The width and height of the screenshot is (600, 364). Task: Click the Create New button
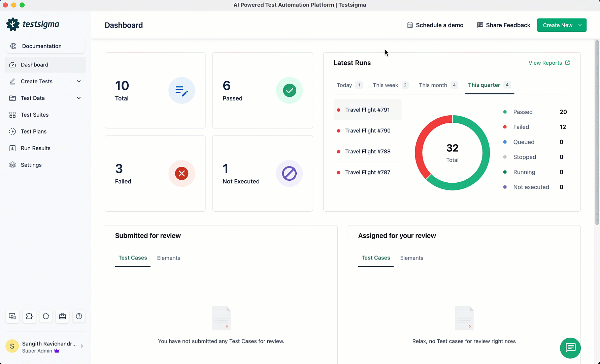click(x=558, y=25)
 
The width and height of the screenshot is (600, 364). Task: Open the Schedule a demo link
click(x=435, y=25)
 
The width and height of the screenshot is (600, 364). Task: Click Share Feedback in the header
click(x=504, y=25)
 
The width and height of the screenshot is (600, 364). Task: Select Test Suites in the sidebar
click(x=35, y=115)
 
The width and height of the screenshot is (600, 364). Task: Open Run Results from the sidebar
click(x=35, y=148)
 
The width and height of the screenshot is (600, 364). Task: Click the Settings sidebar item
click(x=31, y=165)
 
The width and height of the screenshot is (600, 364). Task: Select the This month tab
click(x=433, y=85)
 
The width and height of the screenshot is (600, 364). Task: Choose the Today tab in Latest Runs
click(x=344, y=85)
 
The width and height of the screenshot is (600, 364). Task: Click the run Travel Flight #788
click(x=368, y=152)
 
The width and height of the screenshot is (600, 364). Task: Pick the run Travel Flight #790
click(x=368, y=131)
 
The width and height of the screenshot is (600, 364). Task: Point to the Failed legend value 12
click(x=563, y=127)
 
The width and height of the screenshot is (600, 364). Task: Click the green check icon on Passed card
click(x=289, y=90)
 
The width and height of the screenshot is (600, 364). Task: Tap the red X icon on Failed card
click(x=181, y=174)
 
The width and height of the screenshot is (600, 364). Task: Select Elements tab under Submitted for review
click(x=168, y=258)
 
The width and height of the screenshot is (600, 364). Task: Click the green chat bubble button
click(x=570, y=348)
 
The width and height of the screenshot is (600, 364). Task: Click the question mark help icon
click(x=79, y=316)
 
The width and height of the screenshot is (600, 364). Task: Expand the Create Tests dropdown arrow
click(x=79, y=82)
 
